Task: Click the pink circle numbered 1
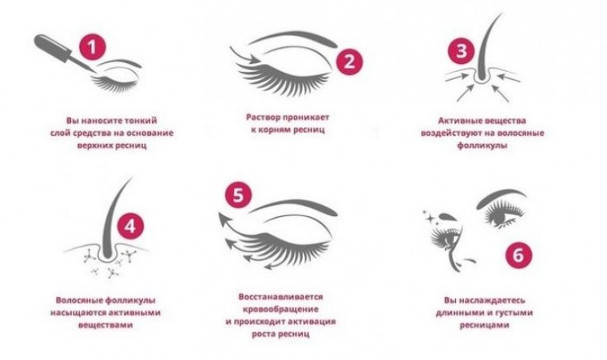pos(92,47)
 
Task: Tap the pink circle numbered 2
pos(349,61)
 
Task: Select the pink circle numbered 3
pos(461,51)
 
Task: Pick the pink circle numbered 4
pos(130,226)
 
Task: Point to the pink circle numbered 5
pos(239,195)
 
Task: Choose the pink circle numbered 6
pos(518,255)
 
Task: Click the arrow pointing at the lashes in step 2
pos(244,56)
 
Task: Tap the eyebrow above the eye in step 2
pos(293,38)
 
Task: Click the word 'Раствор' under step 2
pos(264,117)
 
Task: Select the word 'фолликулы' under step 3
pos(482,145)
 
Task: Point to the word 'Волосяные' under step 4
pos(79,300)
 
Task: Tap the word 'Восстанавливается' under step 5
pos(280,297)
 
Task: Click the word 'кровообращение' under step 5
pos(280,309)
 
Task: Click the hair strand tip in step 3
pos(502,14)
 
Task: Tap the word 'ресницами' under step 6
pos(484,325)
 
